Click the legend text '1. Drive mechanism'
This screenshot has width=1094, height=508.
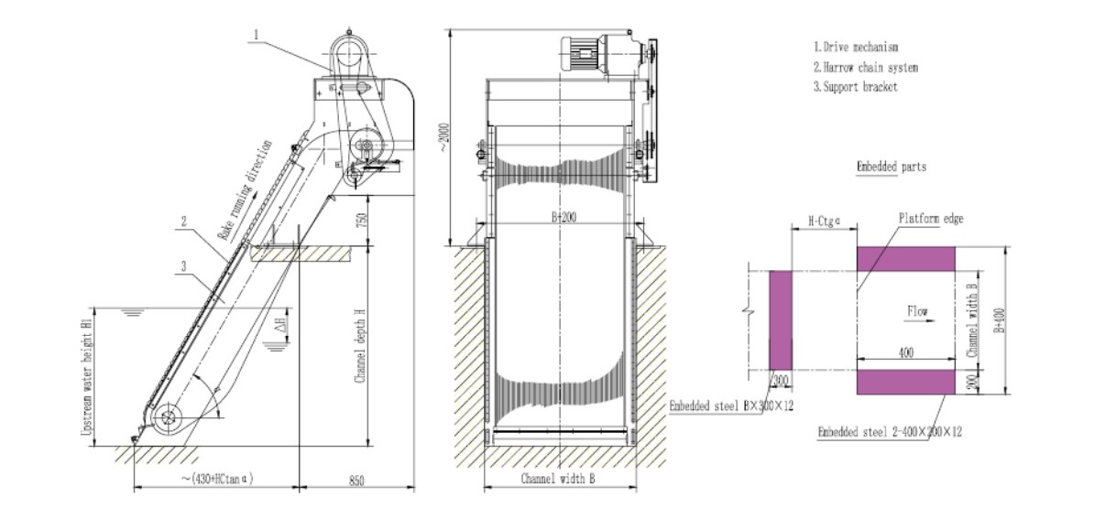point(855,46)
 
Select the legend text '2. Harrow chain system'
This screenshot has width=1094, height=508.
point(865,67)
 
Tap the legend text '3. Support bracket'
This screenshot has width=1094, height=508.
point(855,88)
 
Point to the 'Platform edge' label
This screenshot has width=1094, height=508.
point(930,218)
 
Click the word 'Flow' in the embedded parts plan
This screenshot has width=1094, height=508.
point(916,311)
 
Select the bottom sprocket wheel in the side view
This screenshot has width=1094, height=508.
point(168,419)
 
